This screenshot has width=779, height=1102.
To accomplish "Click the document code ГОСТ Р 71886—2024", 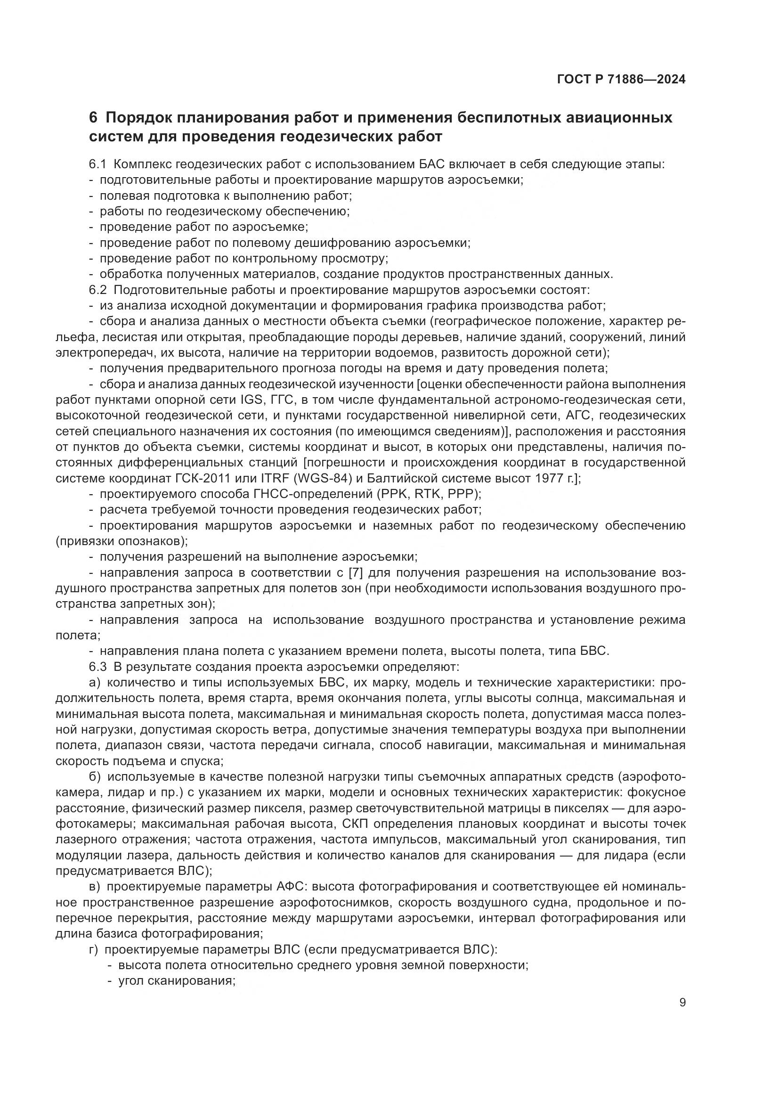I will (621, 80).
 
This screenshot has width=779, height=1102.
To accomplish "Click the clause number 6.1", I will (97, 164).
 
